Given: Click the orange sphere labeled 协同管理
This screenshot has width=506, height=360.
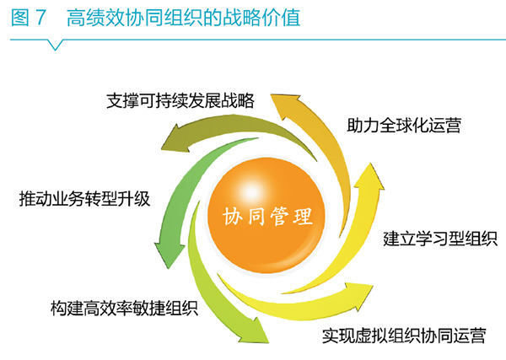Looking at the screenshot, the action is (x=266, y=215).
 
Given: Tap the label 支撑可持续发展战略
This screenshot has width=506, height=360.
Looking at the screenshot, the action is (x=180, y=101).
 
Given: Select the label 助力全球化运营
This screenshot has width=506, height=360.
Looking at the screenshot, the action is (x=404, y=125).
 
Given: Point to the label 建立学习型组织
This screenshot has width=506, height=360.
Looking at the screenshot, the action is (x=440, y=239).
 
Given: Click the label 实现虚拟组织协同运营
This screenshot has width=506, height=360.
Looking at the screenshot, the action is (x=404, y=336).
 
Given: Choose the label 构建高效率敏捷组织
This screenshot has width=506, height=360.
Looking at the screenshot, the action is (x=124, y=308).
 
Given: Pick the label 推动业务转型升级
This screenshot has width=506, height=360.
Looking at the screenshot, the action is (x=84, y=198).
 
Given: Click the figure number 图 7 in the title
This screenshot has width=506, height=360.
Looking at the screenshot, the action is (x=28, y=18).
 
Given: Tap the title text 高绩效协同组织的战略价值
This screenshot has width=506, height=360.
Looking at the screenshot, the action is (x=183, y=18).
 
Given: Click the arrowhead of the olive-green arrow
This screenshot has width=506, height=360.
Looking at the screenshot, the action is (x=176, y=139).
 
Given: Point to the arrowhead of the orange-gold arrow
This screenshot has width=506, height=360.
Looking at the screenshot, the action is (x=285, y=105).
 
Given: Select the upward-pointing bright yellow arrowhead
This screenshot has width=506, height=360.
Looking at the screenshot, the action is (x=370, y=176).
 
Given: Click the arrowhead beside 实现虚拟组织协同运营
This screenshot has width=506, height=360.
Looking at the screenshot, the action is (x=359, y=295).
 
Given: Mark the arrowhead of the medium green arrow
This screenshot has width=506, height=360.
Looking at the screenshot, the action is (x=169, y=255).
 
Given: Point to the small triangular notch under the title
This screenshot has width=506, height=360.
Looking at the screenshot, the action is (x=55, y=45).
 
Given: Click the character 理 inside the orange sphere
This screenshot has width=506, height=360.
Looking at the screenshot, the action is (x=303, y=216).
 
